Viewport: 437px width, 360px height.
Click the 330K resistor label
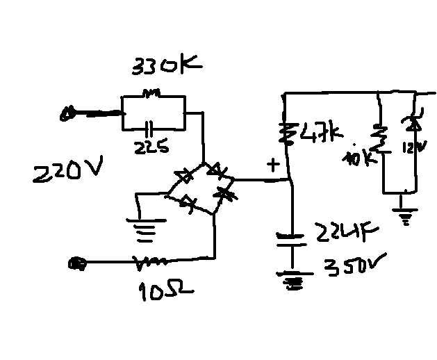click(166, 68)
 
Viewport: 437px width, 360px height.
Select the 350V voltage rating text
click(352, 267)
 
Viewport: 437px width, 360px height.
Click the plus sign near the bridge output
click(273, 165)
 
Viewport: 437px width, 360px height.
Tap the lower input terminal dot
click(77, 263)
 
